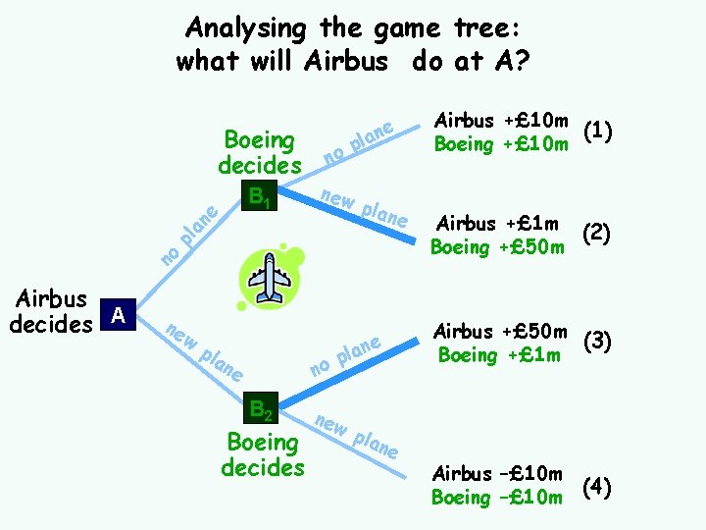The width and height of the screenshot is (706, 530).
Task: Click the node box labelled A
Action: pyautogui.click(x=119, y=315)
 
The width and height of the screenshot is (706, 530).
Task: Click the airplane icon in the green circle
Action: pyautogui.click(x=269, y=280)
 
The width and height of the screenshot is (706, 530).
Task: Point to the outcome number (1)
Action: pyautogui.click(x=597, y=131)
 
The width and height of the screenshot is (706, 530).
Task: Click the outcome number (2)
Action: pyautogui.click(x=597, y=234)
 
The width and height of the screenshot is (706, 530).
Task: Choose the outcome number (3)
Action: pyautogui.click(x=597, y=342)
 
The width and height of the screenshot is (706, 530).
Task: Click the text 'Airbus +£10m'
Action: pyautogui.click(x=501, y=120)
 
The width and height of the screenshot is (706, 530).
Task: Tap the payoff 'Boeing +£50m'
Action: pyautogui.click(x=497, y=246)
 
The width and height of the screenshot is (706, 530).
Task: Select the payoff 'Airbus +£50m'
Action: pyautogui.click(x=501, y=331)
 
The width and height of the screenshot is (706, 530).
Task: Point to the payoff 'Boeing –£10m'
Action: pyautogui.click(x=497, y=498)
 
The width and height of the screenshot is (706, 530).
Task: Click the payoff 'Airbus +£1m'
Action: pyautogui.click(x=497, y=223)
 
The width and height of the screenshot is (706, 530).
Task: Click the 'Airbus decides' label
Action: pyautogui.click(x=49, y=310)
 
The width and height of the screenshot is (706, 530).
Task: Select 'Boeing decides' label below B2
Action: pyautogui.click(x=263, y=454)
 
